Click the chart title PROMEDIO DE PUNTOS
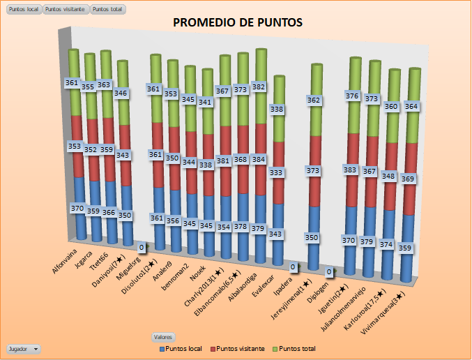(237, 23)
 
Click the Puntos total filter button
(105, 9)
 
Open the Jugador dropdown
(23, 348)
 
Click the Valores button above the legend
(164, 336)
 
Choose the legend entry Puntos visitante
(240, 348)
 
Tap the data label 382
(259, 87)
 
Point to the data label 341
(206, 102)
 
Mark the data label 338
(277, 110)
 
